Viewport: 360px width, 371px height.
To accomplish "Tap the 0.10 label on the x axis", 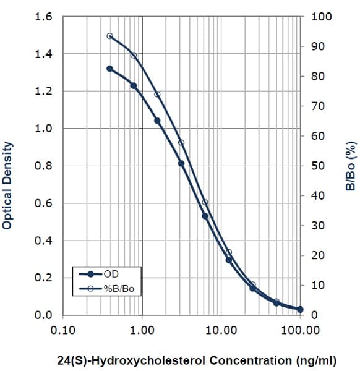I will click(x=63, y=330).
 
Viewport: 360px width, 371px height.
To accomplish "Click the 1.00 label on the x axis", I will click(x=142, y=330).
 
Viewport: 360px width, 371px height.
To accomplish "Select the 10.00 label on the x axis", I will click(x=221, y=330).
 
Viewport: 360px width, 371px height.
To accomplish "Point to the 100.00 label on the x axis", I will click(x=300, y=330).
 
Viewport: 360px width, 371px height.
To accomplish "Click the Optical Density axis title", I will click(x=7, y=185).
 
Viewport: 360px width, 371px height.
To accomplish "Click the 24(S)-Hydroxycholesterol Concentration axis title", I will click(x=179, y=359).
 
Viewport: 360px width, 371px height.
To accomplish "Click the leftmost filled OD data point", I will click(x=109, y=69).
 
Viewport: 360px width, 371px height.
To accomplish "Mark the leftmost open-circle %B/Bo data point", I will click(x=109, y=36).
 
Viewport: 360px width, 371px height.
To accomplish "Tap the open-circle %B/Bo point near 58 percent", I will click(x=181, y=142).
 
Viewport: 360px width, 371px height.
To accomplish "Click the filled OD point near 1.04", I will click(x=157, y=121).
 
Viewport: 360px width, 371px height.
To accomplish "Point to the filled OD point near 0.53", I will click(x=205, y=216).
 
